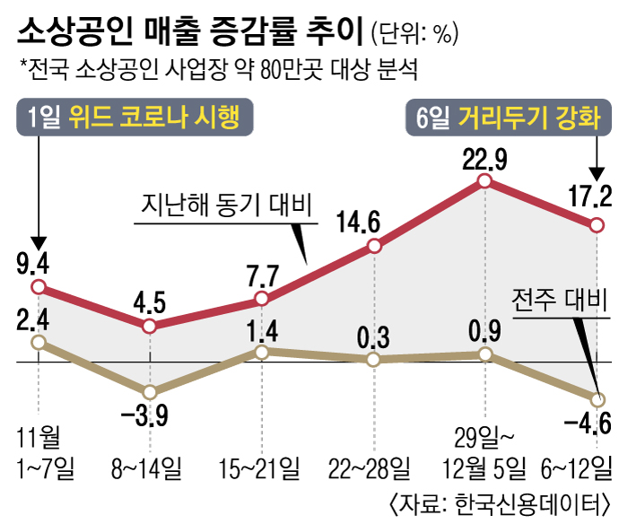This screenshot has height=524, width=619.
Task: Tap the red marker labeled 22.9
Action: point(485,181)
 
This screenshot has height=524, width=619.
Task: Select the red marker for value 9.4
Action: point(38,287)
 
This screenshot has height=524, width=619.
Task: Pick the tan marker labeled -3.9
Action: point(150,392)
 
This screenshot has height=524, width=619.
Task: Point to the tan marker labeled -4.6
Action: point(597,399)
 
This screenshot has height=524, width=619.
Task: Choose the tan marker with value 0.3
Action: point(373,360)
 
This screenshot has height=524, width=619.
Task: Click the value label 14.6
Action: point(373,221)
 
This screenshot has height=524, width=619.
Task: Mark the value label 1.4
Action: point(262,331)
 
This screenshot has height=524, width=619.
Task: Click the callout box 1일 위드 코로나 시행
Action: point(135,118)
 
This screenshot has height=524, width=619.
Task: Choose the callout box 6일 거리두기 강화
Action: point(509,118)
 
